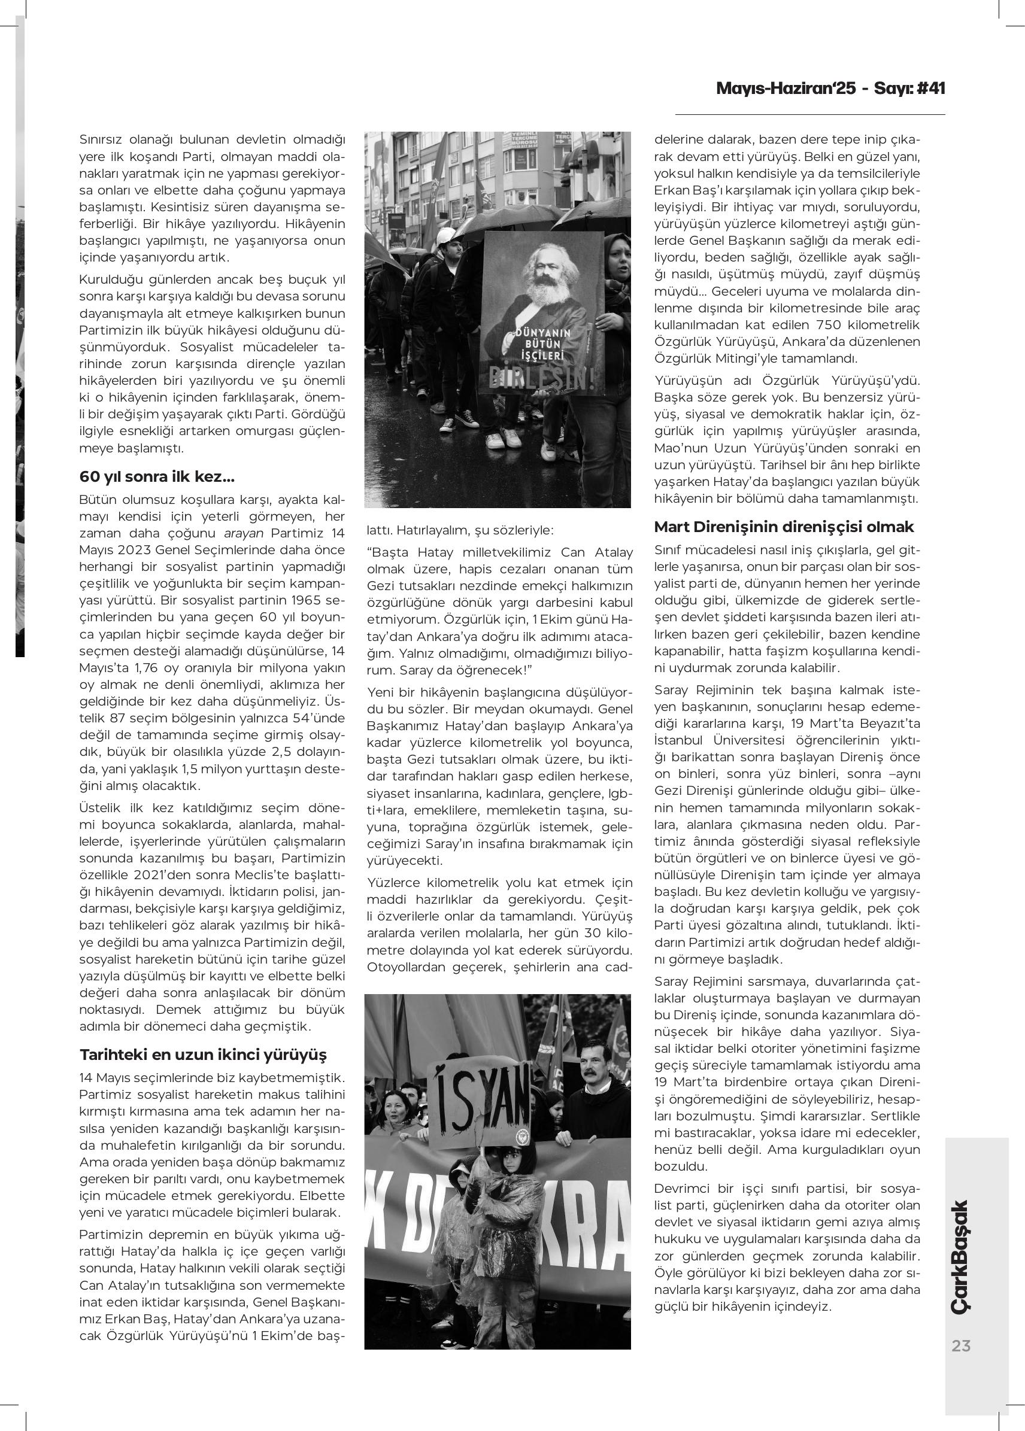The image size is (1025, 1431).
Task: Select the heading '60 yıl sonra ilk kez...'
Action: tap(149, 477)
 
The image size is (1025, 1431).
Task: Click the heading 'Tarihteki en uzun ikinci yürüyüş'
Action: tap(203, 1055)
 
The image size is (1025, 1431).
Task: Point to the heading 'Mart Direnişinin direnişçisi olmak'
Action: tap(784, 527)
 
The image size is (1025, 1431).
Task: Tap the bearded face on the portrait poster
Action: tap(538, 275)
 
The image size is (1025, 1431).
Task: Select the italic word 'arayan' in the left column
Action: tap(244, 533)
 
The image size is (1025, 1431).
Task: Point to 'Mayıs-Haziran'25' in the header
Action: tap(786, 89)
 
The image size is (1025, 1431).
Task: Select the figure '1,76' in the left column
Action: tap(123, 667)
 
